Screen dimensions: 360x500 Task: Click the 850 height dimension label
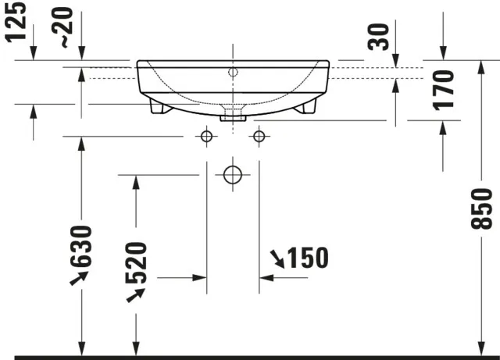484,209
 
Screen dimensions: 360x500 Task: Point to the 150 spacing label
307,257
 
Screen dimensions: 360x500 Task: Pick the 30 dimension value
380,36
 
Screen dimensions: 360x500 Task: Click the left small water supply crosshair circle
206,137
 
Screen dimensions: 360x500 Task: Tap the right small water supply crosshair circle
258,137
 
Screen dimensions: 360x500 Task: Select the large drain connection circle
232,175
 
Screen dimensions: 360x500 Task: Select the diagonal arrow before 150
277,257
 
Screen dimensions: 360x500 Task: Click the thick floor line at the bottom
250,357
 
